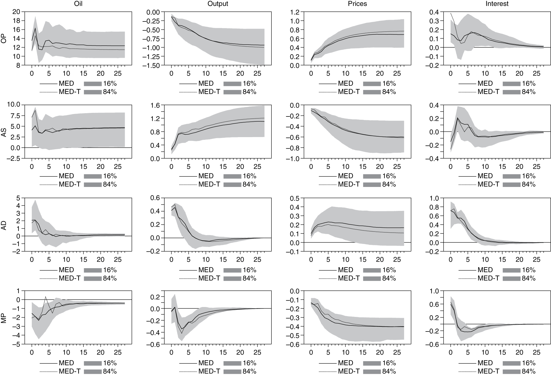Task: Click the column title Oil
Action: click(x=78, y=4)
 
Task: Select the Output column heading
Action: click(x=218, y=4)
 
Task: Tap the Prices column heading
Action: click(x=357, y=4)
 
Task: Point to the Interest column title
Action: click(x=497, y=4)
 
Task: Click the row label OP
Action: click(x=4, y=39)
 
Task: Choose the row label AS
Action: click(x=4, y=132)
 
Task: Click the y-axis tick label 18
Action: click(x=17, y=21)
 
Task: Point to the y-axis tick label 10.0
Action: click(x=15, y=105)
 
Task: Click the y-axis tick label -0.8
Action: click(x=294, y=148)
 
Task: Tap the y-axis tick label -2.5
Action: click(x=15, y=159)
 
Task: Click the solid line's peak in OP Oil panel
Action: click(x=35, y=28)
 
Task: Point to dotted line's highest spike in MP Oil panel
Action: click(x=45, y=297)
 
